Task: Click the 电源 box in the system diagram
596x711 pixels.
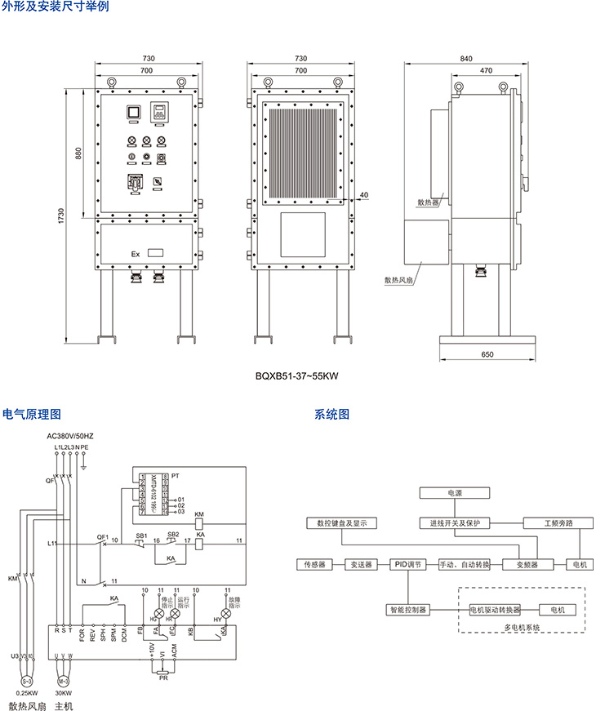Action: point(454,493)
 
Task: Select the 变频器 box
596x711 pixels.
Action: point(523,564)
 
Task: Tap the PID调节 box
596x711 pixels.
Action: point(406,564)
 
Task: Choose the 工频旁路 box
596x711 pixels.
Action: point(558,522)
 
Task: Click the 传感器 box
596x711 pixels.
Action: point(314,564)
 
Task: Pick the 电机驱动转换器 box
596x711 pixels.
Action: point(495,610)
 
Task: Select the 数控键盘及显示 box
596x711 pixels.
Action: point(342,522)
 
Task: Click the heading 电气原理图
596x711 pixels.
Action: point(32,414)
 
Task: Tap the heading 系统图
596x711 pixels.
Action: point(331,414)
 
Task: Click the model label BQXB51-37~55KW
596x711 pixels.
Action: point(297,376)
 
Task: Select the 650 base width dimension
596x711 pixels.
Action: point(487,354)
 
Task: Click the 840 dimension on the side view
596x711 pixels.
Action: point(465,59)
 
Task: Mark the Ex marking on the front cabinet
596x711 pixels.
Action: point(136,254)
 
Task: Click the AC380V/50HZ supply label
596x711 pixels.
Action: point(71,437)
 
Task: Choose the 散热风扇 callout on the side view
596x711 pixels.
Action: point(399,278)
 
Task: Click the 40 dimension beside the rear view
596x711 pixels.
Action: point(363,195)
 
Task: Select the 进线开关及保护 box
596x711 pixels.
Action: point(454,522)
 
